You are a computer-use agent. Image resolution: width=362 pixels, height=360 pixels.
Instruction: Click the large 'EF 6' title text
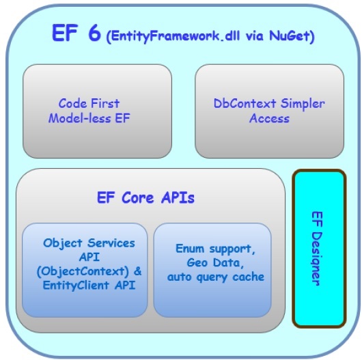76,34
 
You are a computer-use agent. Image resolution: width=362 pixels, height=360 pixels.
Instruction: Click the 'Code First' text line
89,104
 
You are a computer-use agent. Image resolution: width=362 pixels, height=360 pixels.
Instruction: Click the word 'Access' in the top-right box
269,118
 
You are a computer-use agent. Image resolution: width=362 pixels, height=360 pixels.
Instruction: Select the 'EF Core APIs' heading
145,198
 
